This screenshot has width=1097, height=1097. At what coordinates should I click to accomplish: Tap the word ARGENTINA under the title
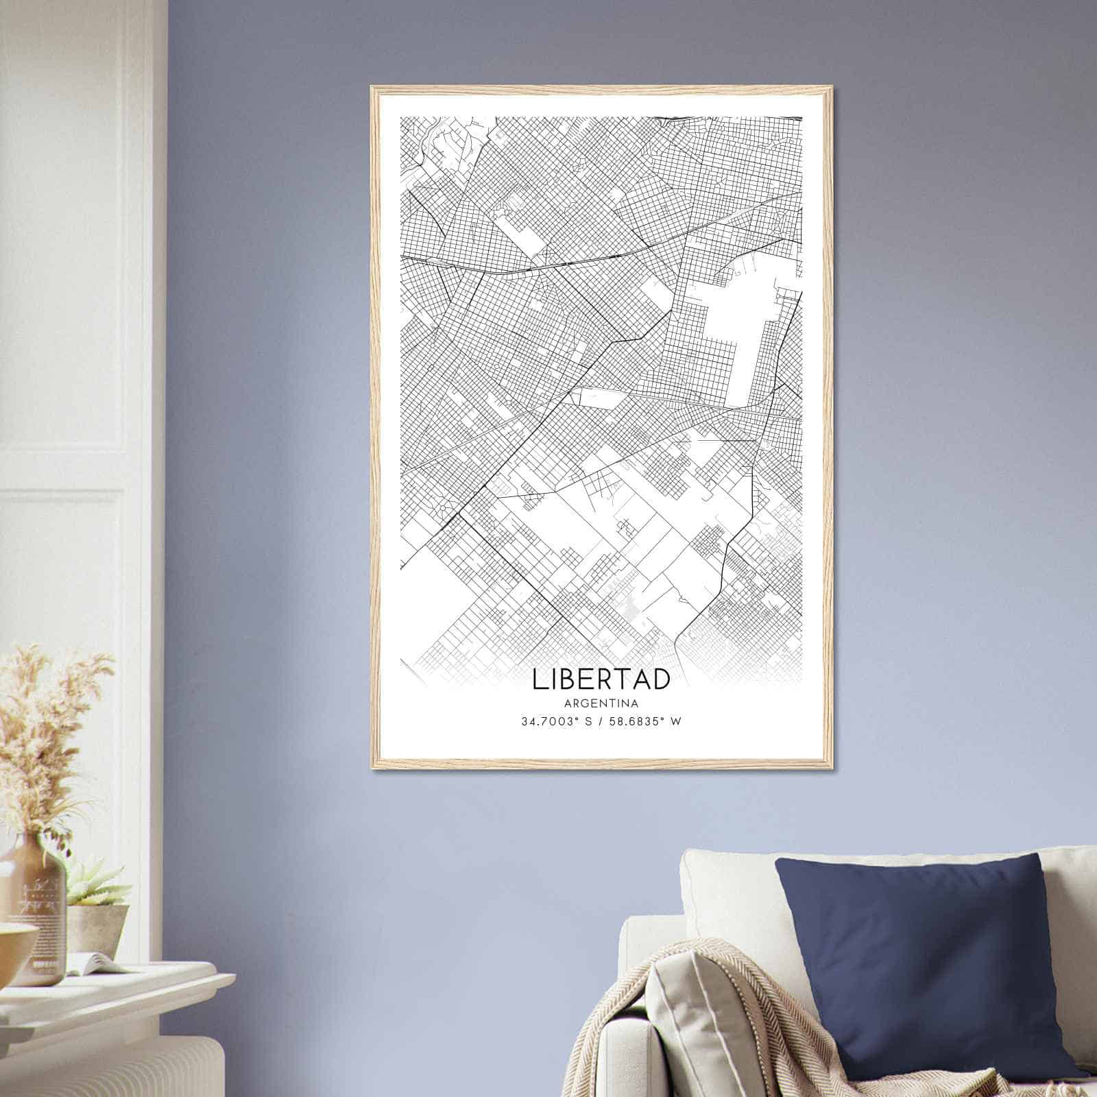pyautogui.click(x=601, y=703)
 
